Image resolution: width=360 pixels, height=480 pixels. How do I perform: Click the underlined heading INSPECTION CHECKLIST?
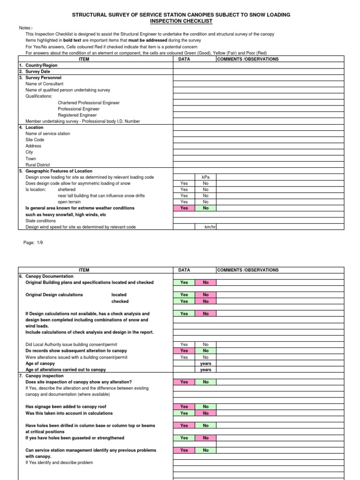coord(181,22)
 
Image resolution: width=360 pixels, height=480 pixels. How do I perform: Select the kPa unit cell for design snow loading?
coord(205,177)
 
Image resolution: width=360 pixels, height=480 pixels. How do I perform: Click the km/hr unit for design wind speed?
coord(209,227)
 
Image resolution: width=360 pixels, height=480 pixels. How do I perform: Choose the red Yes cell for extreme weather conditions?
coord(184,208)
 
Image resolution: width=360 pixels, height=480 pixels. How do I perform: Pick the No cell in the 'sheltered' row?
coord(205,189)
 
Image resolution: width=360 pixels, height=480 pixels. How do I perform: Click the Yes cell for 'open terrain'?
coord(184,202)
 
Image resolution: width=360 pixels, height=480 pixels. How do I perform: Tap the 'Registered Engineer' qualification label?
coord(77,115)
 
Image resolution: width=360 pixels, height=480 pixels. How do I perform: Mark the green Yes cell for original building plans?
coord(184,283)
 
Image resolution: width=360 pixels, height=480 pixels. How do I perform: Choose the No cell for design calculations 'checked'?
coord(205,301)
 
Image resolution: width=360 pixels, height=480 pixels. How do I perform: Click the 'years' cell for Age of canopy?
coord(205,363)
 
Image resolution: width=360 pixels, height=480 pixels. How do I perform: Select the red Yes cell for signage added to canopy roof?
coord(184,407)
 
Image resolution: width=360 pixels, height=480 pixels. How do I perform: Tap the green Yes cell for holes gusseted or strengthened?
coord(184,438)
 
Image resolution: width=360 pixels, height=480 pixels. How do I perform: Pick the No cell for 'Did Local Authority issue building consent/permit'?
coord(205,345)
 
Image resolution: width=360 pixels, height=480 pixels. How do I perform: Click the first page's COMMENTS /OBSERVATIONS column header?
coord(247,59)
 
